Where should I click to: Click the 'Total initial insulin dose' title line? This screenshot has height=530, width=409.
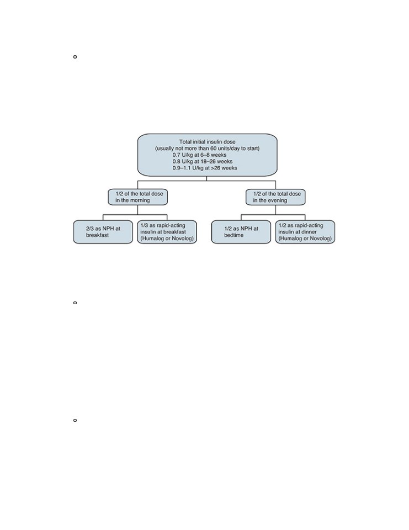click(207, 142)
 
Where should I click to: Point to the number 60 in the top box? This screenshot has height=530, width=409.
click(213, 149)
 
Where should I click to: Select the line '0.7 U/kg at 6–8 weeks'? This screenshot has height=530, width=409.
click(199, 155)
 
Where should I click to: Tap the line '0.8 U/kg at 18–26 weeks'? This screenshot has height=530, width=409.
click(203, 161)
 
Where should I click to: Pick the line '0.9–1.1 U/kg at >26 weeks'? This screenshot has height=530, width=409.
click(205, 168)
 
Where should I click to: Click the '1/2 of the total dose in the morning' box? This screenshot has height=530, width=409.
click(137, 197)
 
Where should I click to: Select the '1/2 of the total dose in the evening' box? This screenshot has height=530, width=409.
click(275, 197)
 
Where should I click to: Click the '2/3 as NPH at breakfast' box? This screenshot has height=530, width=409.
click(103, 232)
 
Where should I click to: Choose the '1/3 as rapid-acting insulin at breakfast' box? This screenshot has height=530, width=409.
click(167, 232)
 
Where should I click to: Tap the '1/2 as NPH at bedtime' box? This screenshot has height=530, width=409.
click(241, 232)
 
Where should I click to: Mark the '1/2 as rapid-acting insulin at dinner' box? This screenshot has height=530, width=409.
click(305, 232)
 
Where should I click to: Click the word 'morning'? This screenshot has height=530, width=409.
click(140, 200)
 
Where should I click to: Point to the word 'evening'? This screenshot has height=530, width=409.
click(278, 200)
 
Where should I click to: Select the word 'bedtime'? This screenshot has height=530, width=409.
click(233, 235)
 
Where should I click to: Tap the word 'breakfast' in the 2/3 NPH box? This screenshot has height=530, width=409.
click(97, 235)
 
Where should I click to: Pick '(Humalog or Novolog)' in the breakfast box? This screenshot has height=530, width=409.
click(167, 239)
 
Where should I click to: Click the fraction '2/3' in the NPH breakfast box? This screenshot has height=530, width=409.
click(89, 229)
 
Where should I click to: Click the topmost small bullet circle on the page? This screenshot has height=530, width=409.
click(75, 57)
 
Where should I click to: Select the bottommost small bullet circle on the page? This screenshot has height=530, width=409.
click(75, 420)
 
